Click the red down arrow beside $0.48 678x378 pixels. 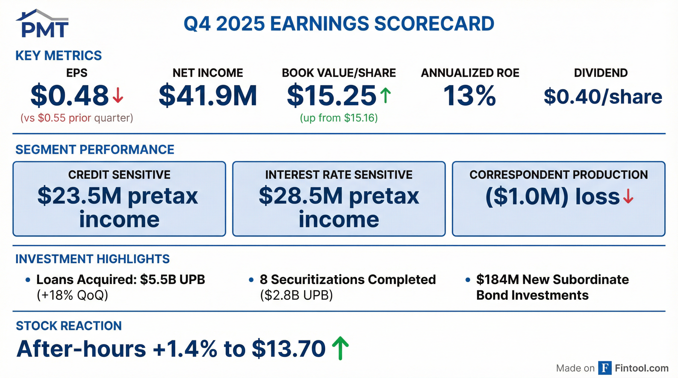(x=118, y=95)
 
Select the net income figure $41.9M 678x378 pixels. (x=208, y=95)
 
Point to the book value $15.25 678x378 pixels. (x=332, y=95)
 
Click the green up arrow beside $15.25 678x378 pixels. (x=386, y=95)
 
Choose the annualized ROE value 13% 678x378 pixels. (x=470, y=95)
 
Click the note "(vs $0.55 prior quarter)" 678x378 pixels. (x=77, y=118)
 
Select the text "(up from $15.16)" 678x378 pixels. (x=339, y=118)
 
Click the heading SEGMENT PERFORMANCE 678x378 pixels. (x=95, y=150)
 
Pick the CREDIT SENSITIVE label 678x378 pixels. (x=119, y=175)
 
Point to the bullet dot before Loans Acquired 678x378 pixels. (x=28, y=280)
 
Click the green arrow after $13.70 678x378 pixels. (x=340, y=348)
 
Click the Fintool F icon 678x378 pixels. (x=605, y=368)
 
